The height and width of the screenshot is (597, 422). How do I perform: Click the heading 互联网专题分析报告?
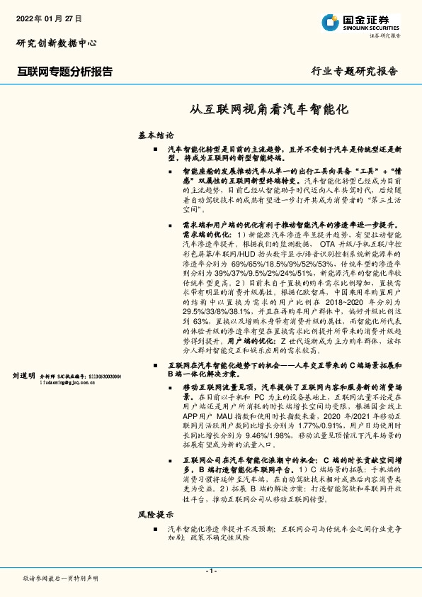tap(64, 72)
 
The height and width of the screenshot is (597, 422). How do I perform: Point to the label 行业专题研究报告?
tap(355, 72)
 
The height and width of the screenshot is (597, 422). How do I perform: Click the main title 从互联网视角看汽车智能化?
tap(269, 110)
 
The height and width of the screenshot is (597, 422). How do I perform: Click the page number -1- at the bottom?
tap(211, 571)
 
